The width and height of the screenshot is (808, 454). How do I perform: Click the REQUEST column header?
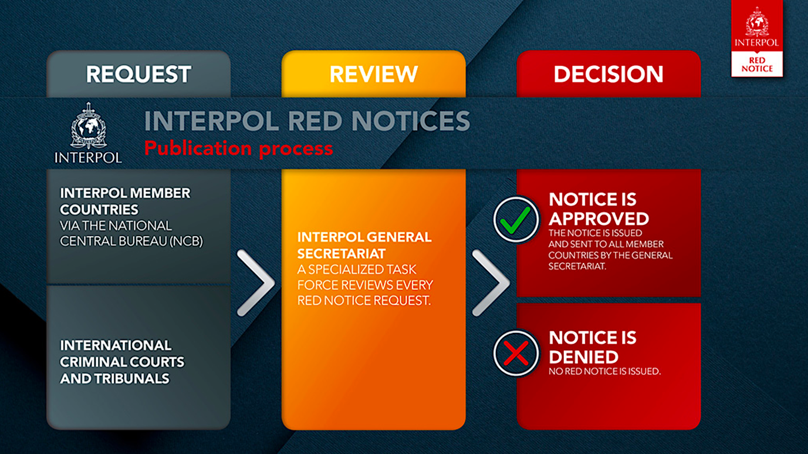(138, 75)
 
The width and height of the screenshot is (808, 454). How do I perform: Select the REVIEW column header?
(373, 75)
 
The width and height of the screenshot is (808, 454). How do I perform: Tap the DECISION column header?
(608, 75)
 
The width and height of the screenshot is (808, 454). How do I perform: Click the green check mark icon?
(516, 220)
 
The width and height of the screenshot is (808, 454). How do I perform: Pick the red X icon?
(516, 353)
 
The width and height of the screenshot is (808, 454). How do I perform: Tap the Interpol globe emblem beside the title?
(88, 126)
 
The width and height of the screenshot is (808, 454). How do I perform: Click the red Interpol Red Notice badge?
(756, 39)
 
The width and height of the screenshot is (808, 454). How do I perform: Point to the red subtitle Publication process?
(238, 149)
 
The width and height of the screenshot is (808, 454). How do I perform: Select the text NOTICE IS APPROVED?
(599, 208)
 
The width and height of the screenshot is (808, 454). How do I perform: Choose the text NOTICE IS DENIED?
(592, 347)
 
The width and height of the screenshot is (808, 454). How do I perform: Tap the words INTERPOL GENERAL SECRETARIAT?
(364, 246)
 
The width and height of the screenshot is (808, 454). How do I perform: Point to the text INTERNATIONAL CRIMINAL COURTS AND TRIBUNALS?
(122, 362)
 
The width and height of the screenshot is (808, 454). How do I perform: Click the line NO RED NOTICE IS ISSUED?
(604, 372)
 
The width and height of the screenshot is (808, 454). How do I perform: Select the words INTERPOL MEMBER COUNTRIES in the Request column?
(125, 201)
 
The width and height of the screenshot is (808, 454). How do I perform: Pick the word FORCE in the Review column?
(317, 285)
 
